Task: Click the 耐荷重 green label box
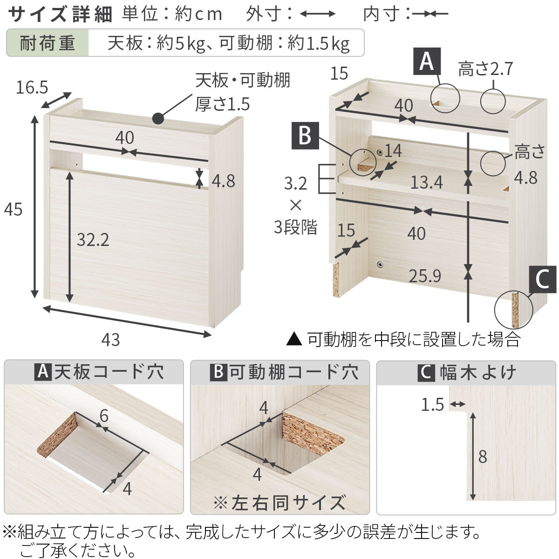(48, 43)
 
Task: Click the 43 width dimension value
(110, 340)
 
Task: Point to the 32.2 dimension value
(93, 240)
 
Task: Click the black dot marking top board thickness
(158, 119)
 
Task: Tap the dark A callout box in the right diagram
(427, 61)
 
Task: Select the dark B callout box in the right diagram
(305, 136)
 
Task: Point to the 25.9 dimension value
(425, 276)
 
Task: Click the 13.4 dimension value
(426, 183)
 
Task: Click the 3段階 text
(295, 228)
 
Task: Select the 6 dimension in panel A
(104, 416)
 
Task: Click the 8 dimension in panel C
(483, 457)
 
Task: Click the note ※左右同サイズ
(279, 503)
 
